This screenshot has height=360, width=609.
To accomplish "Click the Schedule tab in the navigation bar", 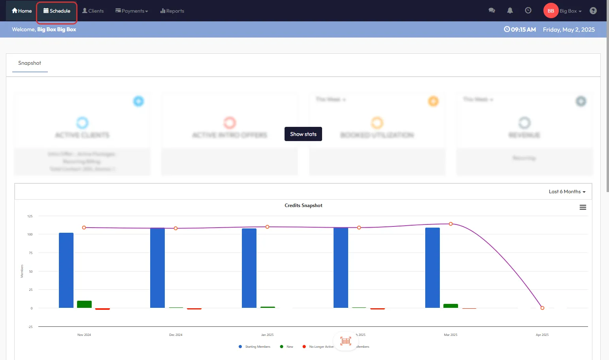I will pyautogui.click(x=57, y=11).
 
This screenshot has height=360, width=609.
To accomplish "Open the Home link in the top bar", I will pyautogui.click(x=22, y=11).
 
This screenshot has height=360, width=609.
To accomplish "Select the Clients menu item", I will pyautogui.click(x=93, y=11).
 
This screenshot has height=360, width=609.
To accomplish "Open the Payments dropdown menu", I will pyautogui.click(x=132, y=11).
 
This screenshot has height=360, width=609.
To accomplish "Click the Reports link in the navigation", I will pyautogui.click(x=172, y=11).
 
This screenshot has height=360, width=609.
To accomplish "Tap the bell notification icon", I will pyautogui.click(x=510, y=11).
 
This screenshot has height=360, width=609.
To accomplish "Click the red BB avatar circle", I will pyautogui.click(x=551, y=11).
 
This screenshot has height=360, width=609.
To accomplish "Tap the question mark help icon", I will pyautogui.click(x=593, y=11).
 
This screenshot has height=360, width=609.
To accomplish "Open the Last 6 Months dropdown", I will pyautogui.click(x=567, y=192).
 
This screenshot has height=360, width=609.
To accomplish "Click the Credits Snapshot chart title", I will pyautogui.click(x=303, y=205).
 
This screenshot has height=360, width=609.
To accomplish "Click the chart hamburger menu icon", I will pyautogui.click(x=583, y=207).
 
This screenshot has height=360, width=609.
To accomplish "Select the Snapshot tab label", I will pyautogui.click(x=30, y=63).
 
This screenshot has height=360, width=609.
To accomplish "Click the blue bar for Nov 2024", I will pyautogui.click(x=66, y=270).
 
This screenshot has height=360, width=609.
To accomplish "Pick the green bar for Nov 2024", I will pyautogui.click(x=84, y=304).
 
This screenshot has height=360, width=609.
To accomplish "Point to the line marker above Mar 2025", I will pyautogui.click(x=451, y=224).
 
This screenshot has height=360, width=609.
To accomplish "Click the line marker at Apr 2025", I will pyautogui.click(x=542, y=308).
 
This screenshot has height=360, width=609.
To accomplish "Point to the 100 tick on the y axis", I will pyautogui.click(x=30, y=234).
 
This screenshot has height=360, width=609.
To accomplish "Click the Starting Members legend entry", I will pyautogui.click(x=257, y=347).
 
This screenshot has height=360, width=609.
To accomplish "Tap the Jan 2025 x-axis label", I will pyautogui.click(x=267, y=335).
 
